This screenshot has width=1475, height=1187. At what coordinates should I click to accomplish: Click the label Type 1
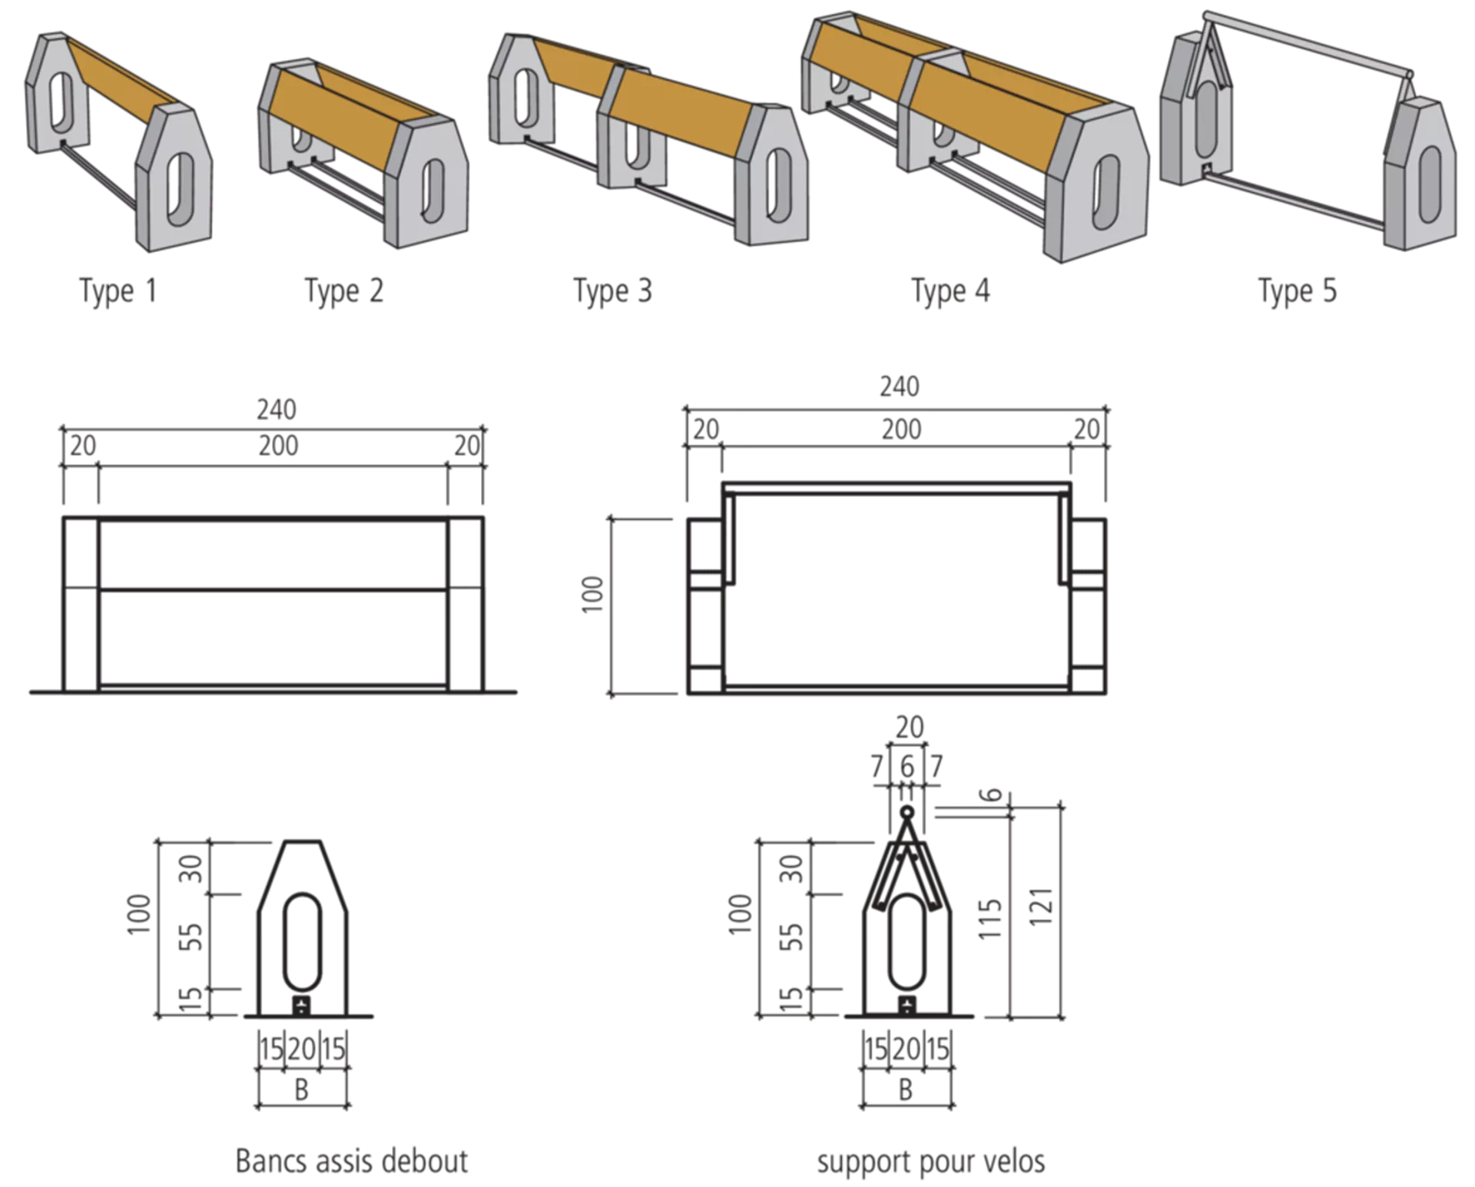coord(118,291)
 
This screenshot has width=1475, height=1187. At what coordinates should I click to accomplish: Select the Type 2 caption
coord(344,291)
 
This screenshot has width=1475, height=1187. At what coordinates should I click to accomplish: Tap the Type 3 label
coord(613,291)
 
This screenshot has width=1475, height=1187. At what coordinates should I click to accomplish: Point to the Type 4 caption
coord(951,291)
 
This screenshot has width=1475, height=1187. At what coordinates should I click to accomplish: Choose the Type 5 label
coord(1298,291)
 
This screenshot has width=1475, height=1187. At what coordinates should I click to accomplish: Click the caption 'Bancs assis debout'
coord(352,1161)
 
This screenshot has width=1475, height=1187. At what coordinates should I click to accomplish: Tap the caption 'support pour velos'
coord(931,1162)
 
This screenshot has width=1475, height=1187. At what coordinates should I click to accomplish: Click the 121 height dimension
coord(1040,907)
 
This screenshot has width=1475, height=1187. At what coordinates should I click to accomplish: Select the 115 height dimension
coord(990,918)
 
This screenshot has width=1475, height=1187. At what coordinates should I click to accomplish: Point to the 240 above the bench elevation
coord(277,409)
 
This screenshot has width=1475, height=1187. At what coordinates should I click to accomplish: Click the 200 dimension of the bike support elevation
coord(901,429)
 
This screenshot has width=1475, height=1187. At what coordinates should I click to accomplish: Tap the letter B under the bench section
coord(302,1089)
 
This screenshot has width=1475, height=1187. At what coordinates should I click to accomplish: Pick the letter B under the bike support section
coord(906,1089)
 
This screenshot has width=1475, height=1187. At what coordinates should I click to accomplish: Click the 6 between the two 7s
coord(907,766)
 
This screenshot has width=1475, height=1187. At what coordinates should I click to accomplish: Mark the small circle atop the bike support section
coord(907,812)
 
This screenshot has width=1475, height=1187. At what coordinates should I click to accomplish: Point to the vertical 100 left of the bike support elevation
coord(592,594)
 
